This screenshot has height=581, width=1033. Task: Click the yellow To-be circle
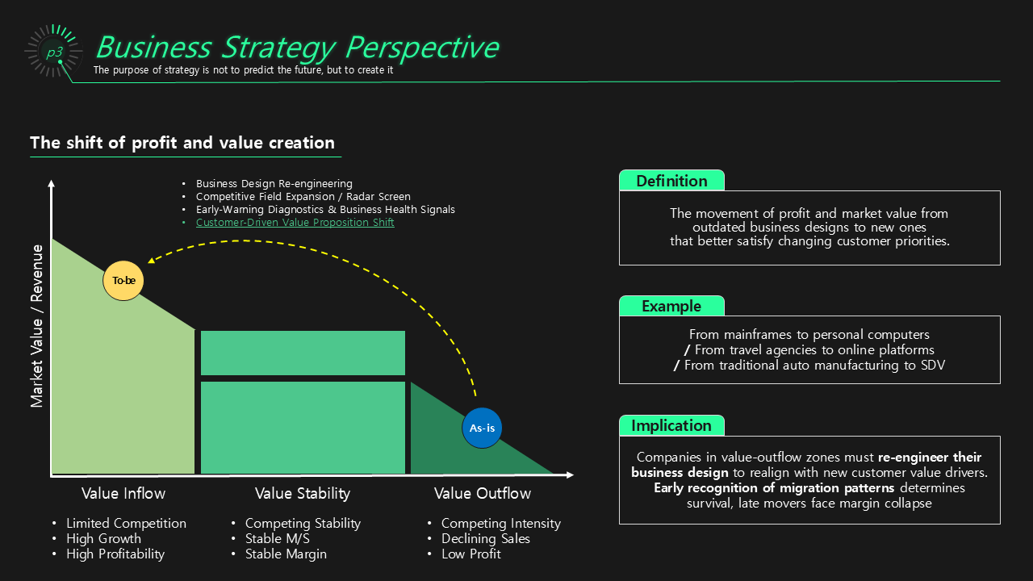[123, 281]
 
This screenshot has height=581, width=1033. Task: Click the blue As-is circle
[482, 428]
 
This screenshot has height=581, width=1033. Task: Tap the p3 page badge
[54, 52]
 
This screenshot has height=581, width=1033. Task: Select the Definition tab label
[671, 181]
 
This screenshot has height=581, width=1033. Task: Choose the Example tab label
[671, 306]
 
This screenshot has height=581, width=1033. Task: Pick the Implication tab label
[671, 425]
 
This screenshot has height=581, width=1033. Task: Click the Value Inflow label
[123, 493]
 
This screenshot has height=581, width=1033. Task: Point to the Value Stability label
[303, 493]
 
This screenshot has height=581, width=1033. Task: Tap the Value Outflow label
[483, 493]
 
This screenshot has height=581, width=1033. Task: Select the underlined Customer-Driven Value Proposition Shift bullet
[295, 223]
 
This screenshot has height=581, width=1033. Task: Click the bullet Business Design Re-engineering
[274, 184]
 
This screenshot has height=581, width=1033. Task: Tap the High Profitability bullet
[115, 554]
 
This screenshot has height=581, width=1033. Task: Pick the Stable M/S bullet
[278, 538]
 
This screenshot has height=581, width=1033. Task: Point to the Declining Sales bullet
[486, 538]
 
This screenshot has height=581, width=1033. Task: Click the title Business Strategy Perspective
[297, 47]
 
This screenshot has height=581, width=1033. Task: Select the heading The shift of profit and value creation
[182, 143]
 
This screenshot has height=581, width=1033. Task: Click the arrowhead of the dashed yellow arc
[152, 260]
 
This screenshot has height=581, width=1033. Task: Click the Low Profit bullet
[471, 554]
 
